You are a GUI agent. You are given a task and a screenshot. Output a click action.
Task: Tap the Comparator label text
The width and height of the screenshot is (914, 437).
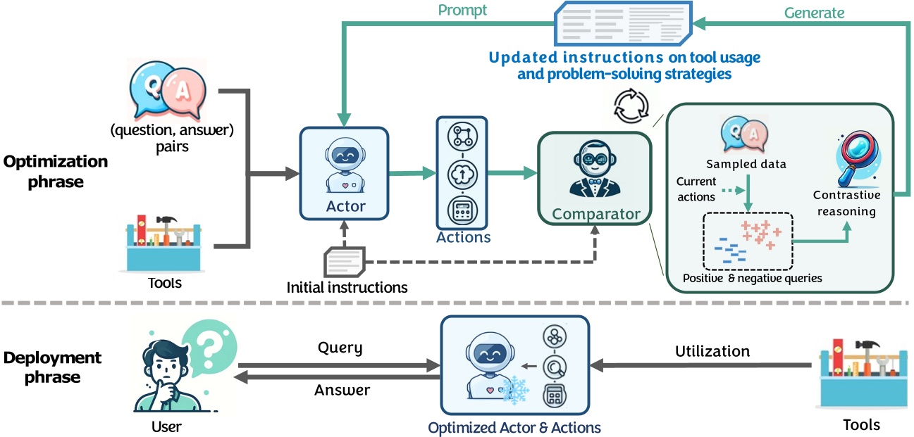[x=596, y=213]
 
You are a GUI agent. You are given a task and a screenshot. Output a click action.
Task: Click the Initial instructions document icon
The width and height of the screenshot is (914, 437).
[x=344, y=261]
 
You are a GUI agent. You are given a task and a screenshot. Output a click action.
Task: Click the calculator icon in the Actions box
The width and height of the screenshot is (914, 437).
[x=463, y=210]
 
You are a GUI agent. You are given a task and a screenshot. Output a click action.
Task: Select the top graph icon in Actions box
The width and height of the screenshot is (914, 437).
[x=463, y=136]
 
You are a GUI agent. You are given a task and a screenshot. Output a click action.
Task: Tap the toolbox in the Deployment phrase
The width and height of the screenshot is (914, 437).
[x=861, y=380]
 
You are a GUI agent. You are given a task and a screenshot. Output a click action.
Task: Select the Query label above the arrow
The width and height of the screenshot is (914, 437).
[x=340, y=348]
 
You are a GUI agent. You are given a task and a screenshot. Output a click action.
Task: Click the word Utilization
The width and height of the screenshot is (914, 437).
[x=712, y=350]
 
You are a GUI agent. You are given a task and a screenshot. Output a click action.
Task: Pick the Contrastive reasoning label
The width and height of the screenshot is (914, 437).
[x=844, y=203]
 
